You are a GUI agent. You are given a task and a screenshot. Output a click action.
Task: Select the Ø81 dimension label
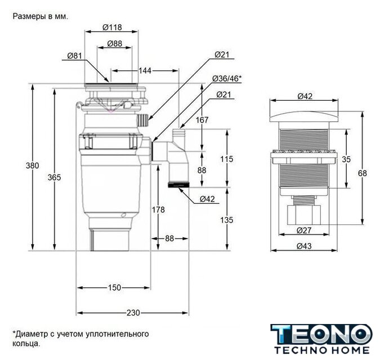tap(75, 55)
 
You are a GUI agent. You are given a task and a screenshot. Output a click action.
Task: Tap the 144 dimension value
tap(145, 70)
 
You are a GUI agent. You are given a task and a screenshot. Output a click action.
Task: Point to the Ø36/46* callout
tap(227, 78)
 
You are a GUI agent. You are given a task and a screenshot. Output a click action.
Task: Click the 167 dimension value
tap(203, 120)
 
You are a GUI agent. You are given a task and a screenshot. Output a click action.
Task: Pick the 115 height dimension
tap(226, 159)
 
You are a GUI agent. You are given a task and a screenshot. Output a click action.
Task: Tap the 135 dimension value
tap(226, 220)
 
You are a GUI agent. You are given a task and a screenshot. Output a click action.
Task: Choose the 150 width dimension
tap(114, 287)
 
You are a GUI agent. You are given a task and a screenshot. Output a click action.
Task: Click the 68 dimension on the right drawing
tap(362, 173)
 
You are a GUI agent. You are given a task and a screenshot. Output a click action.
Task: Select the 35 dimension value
tap(346, 159)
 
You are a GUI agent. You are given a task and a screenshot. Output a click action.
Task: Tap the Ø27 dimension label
tap(304, 229)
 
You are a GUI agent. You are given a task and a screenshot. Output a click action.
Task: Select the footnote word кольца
tap(26, 343)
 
